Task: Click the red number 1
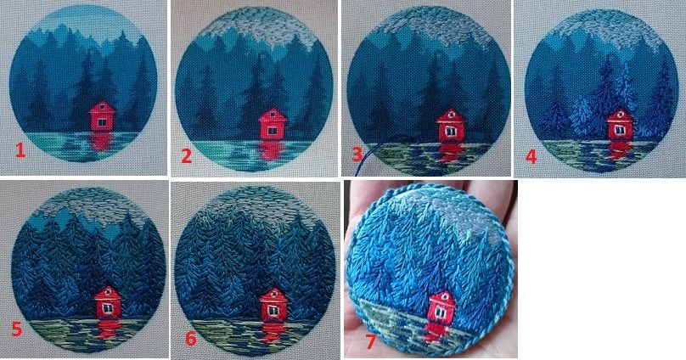coord(20,150)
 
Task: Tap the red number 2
coord(187,155)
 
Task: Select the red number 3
coord(357,154)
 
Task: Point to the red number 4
coord(531,156)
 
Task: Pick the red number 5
coord(17,329)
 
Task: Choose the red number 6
coord(191,338)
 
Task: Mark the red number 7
coord(370,341)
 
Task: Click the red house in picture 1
coord(101,116)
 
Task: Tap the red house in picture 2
coord(273,124)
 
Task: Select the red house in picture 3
coord(449,126)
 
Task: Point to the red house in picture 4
coord(620,125)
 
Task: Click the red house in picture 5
coord(108,302)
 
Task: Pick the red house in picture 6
coord(274,305)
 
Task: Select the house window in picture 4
coord(620,129)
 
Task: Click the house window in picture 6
coord(273,310)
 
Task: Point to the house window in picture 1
coord(102,123)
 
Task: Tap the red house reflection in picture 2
coord(271,150)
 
